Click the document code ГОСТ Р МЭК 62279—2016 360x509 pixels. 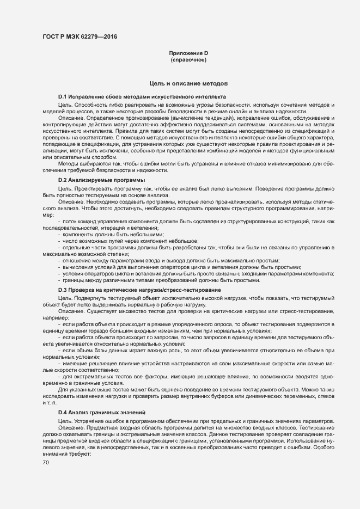[79, 37]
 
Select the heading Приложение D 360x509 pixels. [188, 53]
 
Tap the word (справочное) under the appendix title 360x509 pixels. [188, 59]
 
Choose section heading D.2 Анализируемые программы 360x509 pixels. [102, 180]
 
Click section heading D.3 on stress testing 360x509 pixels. [139, 290]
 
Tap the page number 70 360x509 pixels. [46, 463]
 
